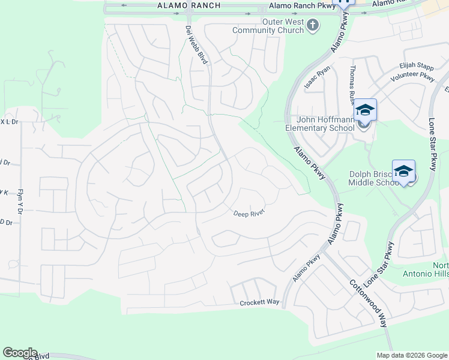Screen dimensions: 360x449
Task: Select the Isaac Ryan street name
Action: [x=318, y=77]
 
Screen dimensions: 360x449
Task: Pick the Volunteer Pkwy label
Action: [x=412, y=77]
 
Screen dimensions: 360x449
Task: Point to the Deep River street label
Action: [x=249, y=212]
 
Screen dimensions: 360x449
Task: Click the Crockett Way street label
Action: [x=260, y=302]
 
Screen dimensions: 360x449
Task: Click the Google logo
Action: [x=20, y=353]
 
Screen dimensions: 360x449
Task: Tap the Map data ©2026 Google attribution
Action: [x=412, y=355]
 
